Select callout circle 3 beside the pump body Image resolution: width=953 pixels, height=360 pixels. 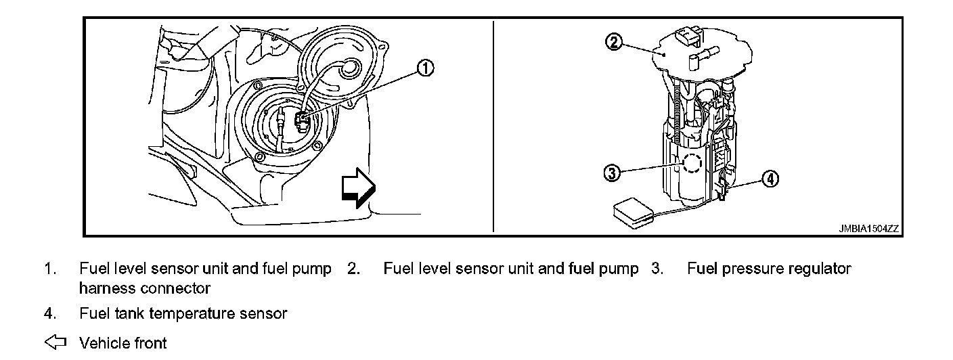point(613,173)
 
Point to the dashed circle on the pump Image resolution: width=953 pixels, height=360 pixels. point(692,163)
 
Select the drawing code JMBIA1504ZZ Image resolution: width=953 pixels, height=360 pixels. point(868,229)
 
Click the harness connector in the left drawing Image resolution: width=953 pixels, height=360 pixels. point(302,120)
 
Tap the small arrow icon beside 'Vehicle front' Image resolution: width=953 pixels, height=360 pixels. point(55,342)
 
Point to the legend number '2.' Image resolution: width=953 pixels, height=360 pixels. point(353,269)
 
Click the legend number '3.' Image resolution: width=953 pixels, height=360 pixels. point(657,269)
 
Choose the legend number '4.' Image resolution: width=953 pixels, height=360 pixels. point(50,313)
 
